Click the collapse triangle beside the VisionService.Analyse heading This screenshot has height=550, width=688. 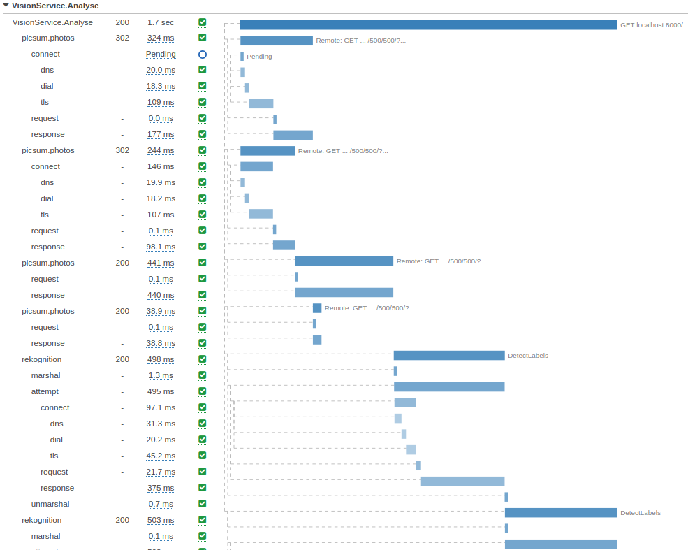tap(6, 6)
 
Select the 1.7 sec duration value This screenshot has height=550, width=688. tap(161, 22)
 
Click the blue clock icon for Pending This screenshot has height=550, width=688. tap(203, 55)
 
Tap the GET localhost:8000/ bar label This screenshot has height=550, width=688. tap(651, 25)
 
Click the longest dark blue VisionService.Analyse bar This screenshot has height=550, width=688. tap(428, 25)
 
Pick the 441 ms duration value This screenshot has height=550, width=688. tap(161, 263)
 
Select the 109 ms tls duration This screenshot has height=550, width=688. tap(161, 103)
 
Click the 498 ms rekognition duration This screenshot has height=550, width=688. tap(161, 360)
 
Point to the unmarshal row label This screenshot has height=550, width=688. tap(50, 505)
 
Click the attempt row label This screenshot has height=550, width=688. tap(45, 392)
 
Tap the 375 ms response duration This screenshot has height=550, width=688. tap(161, 489)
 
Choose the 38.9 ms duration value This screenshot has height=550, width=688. tap(161, 312)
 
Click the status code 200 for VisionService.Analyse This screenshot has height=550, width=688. tap(122, 22)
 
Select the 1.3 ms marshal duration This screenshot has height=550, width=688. tap(161, 376)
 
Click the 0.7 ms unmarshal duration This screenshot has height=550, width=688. tap(161, 505)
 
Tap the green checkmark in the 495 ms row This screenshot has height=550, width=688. tap(203, 392)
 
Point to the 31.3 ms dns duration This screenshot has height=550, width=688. tap(161, 424)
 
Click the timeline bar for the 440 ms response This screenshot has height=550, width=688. tap(344, 293)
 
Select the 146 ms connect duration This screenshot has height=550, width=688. tap(161, 167)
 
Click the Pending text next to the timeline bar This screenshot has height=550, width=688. tap(259, 57)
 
